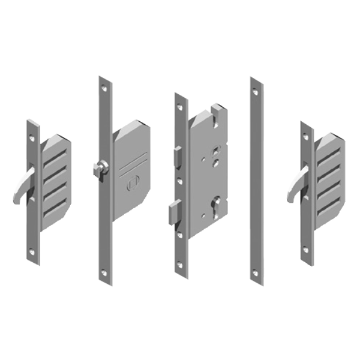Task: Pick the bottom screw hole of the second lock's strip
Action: click(105, 271)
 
